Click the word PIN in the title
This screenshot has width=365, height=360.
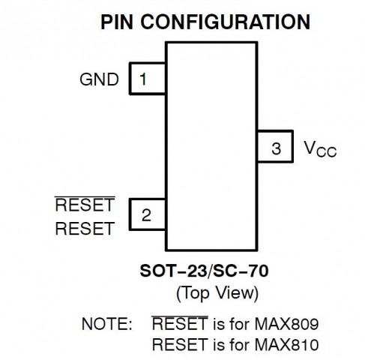click(x=117, y=22)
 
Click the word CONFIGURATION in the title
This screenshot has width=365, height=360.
click(x=226, y=22)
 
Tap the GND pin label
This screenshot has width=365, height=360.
click(x=99, y=79)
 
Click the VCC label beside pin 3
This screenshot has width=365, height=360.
click(x=320, y=149)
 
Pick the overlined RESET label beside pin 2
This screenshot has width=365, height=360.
click(x=85, y=204)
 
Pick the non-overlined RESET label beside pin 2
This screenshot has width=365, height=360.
click(x=85, y=229)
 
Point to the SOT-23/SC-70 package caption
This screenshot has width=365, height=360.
click(x=204, y=271)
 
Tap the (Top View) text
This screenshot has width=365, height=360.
click(x=217, y=293)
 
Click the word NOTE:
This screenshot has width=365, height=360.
click(x=106, y=324)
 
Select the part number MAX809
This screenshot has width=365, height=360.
click(x=286, y=324)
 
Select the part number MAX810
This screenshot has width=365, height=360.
click(x=286, y=344)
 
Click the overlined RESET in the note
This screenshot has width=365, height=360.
click(x=180, y=323)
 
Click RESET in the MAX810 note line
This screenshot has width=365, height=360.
click(x=180, y=344)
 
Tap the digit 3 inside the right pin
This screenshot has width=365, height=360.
click(x=276, y=148)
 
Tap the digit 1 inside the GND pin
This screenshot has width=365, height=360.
click(x=143, y=79)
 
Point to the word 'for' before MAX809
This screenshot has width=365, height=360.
click(x=240, y=324)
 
